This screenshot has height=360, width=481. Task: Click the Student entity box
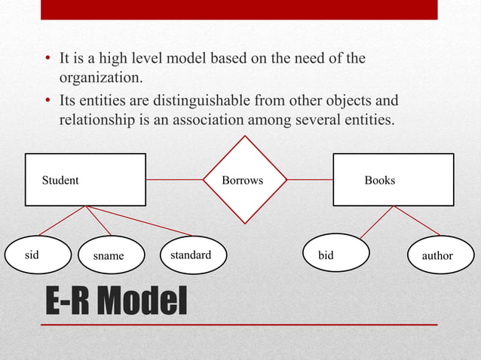(85, 180)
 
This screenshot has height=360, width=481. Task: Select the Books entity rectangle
(393, 180)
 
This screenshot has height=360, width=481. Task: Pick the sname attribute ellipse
(109, 256)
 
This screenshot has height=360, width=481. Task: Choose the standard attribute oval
(191, 255)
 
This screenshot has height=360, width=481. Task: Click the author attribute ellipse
(437, 256)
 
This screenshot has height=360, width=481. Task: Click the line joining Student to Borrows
(174, 180)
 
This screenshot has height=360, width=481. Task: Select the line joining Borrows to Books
(310, 180)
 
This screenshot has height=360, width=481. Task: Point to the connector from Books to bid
(377, 222)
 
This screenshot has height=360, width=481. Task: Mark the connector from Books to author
(417, 221)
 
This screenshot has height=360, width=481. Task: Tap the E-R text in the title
(70, 303)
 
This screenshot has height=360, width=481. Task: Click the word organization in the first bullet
(100, 77)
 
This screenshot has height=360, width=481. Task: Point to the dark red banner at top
(239, 10)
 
